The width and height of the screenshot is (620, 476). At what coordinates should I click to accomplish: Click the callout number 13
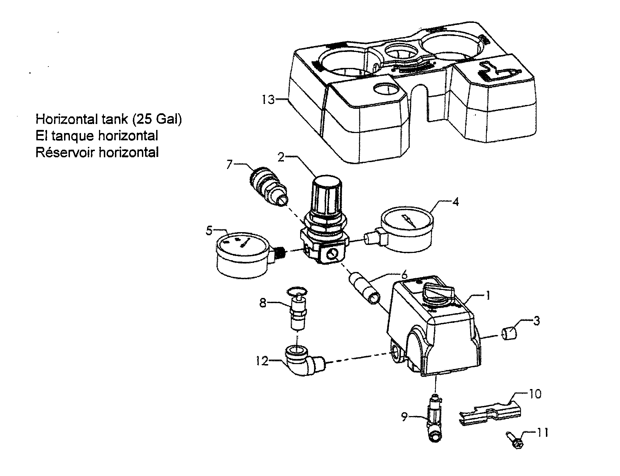point(268,100)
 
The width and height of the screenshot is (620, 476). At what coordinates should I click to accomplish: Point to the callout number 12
point(262,362)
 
